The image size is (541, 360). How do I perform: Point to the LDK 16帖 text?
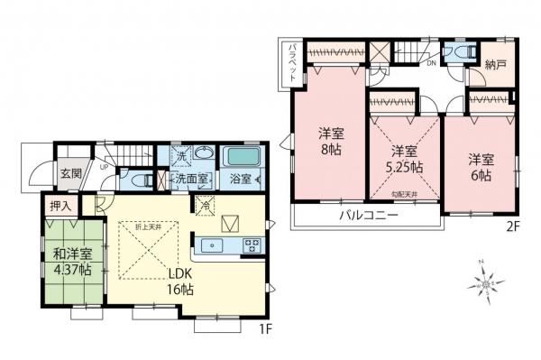coord(178,282)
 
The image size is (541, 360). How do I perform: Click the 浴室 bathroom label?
coord(240,179)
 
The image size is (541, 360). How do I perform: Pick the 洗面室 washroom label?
coord(192,179)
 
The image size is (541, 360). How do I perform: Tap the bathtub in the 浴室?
coord(240,157)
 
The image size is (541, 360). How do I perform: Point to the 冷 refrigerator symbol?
coord(205,205)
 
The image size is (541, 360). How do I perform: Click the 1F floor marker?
coord(267,328)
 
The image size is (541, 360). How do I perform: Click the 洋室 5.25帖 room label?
coord(401,160)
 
